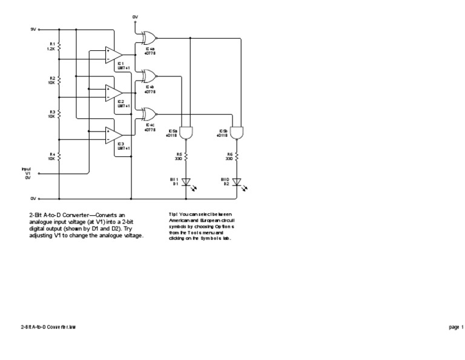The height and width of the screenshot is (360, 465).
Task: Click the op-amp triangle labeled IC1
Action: click(112, 53)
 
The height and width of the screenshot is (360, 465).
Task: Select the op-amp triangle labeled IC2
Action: click(112, 92)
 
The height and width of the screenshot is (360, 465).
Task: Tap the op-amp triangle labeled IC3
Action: click(112, 135)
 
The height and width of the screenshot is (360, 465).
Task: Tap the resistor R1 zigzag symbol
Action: click(59, 46)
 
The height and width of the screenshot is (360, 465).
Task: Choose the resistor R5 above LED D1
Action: click(186, 156)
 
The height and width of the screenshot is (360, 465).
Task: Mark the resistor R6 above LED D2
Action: click(237, 156)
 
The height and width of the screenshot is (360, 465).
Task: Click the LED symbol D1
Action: click(186, 181)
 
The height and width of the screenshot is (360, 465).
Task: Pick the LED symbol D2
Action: click(237, 181)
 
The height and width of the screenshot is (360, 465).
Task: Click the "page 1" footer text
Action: click(456, 327)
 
